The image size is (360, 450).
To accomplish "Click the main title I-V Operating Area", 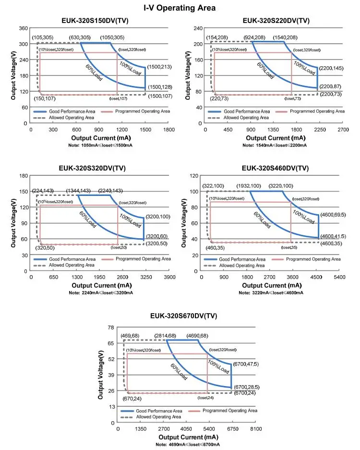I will (180, 8).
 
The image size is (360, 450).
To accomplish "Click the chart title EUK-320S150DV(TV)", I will (95, 21).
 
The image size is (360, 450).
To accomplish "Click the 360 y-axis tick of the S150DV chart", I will (23, 28).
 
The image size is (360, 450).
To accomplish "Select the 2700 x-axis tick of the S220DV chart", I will (343, 129).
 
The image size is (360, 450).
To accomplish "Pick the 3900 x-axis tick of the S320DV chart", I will (169, 277).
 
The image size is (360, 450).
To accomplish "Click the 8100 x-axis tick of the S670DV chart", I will (256, 429).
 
